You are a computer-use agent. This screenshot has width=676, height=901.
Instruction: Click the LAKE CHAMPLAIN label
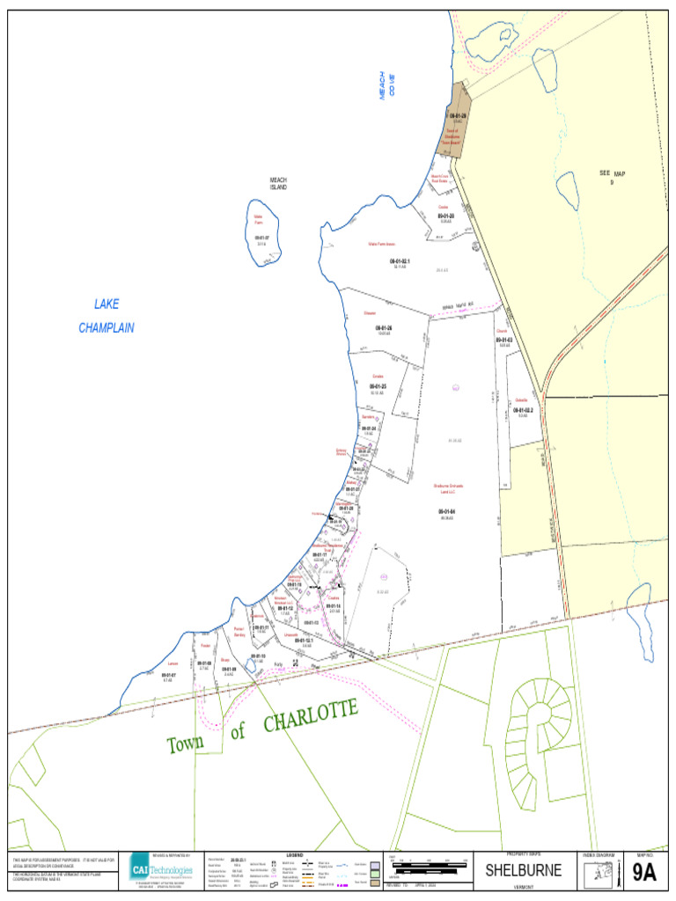[x=107, y=316]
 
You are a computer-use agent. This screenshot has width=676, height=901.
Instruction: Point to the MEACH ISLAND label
[x=278, y=184]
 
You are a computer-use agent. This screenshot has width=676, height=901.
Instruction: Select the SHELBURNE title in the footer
[x=523, y=871]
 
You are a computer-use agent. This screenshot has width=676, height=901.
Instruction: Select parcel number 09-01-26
[x=383, y=328]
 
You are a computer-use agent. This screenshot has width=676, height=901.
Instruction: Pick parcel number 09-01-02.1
[x=400, y=261]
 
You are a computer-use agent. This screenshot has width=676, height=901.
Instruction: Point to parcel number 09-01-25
[x=378, y=386]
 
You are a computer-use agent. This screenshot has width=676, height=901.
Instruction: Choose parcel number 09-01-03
[x=504, y=340]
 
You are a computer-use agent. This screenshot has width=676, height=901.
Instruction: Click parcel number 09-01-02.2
[x=522, y=410]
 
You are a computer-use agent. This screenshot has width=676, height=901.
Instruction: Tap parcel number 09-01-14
[x=333, y=606]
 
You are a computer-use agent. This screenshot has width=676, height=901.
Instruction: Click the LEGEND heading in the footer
[x=297, y=855]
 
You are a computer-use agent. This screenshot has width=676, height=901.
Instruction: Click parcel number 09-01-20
[x=446, y=216]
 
